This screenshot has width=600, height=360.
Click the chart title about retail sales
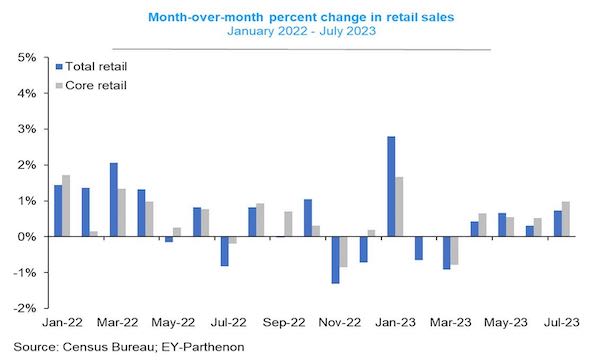[300, 18]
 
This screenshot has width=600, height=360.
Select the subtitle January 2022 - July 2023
[300, 33]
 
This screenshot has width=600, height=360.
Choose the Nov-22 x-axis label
[341, 325]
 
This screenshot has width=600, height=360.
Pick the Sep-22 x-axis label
[285, 325]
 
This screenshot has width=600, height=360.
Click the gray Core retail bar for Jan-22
[66, 205]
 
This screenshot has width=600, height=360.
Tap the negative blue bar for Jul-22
[225, 251]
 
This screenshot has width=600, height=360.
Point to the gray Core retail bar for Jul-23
[566, 219]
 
